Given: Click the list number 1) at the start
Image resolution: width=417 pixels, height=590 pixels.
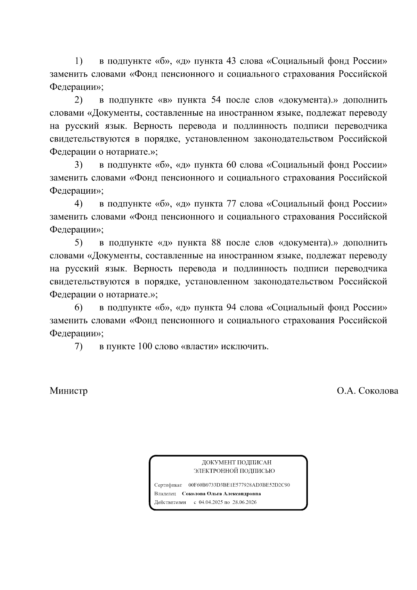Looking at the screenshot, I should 78,62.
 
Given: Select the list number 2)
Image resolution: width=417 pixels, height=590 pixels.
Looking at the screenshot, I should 78,100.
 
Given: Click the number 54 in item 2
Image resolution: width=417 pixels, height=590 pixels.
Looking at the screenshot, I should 216,100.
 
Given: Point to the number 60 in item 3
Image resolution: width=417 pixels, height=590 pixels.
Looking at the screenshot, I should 231,165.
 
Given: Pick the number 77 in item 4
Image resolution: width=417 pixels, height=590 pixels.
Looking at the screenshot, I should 231,204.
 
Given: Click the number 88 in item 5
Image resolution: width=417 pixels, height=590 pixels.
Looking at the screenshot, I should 216,243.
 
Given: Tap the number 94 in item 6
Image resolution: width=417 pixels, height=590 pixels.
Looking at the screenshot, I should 231,308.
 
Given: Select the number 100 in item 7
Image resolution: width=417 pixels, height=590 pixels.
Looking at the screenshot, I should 145,347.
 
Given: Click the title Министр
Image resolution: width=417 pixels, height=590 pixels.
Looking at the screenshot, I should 68,391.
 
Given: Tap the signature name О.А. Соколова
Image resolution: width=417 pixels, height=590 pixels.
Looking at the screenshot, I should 367,391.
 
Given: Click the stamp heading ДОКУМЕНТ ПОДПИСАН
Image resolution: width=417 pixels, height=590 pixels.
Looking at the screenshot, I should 237,462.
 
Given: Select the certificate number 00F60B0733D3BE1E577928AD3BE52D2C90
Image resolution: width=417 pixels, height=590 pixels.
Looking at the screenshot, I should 239,485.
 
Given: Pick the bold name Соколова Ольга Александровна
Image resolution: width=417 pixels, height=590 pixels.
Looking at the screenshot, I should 221,494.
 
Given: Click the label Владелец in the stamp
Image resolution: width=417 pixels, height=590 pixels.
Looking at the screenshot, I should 165,494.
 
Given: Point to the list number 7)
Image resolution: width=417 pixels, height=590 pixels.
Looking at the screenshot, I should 78,347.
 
